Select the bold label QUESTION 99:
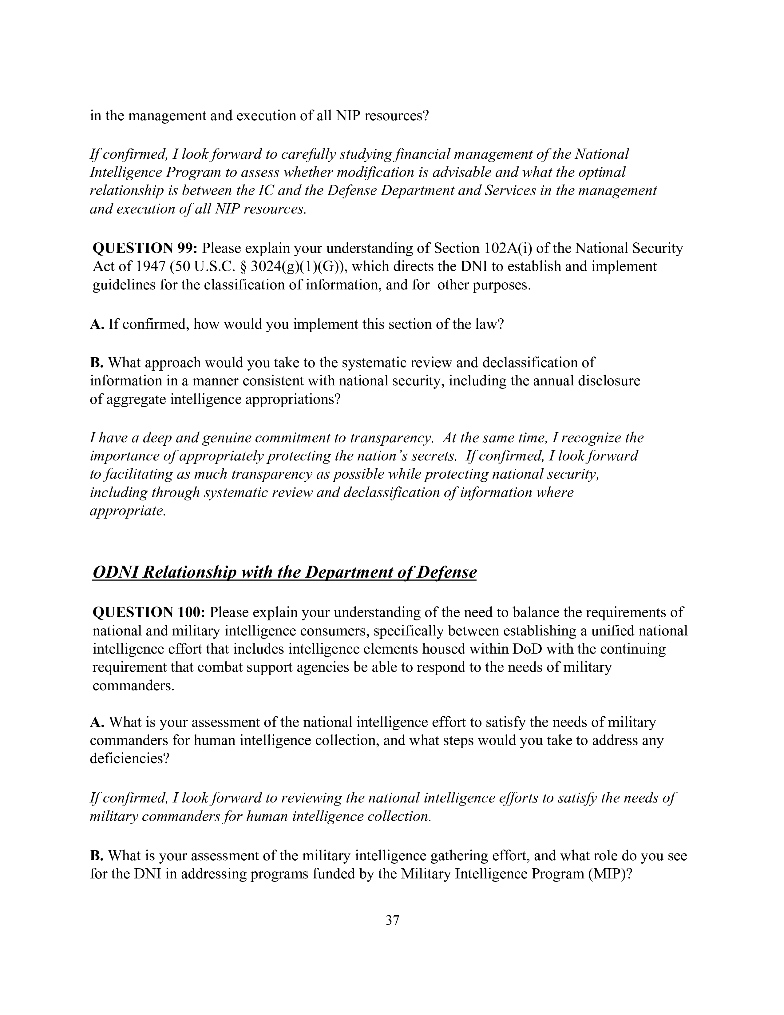click(145, 248)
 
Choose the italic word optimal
click(602, 173)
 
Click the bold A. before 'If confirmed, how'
click(97, 324)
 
